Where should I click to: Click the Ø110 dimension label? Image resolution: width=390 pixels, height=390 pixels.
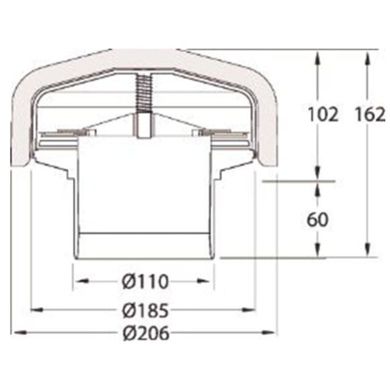pos(144,281)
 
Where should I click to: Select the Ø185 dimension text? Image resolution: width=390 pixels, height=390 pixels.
pos(144,309)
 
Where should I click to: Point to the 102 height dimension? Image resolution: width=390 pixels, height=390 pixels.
pos(323,114)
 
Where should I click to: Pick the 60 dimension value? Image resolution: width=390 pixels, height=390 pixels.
pos(317,219)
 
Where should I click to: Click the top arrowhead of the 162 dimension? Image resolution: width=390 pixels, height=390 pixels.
pos(367,56)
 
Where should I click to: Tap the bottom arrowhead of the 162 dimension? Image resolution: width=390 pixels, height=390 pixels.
pos(367,252)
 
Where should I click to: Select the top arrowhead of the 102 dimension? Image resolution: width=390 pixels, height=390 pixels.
pos(317,56)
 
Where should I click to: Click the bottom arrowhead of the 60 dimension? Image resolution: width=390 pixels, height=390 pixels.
pos(317,252)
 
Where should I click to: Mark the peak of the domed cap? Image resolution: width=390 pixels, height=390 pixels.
pos(143,50)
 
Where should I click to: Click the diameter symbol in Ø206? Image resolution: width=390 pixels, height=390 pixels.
pos(127,333)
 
